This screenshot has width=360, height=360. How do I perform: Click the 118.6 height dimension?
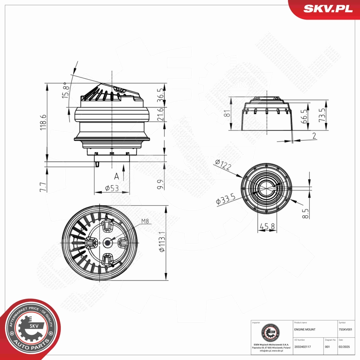42,123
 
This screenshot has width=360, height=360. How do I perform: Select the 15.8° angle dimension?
66,90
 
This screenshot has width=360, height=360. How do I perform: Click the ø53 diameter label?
112,188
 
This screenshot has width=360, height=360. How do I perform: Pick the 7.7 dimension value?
42,187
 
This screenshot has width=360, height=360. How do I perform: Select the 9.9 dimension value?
160,184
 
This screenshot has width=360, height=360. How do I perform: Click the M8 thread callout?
145,221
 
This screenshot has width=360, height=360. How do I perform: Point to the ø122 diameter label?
223,165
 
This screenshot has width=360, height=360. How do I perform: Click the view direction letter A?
116,176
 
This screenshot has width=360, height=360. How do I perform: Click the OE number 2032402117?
303,347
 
